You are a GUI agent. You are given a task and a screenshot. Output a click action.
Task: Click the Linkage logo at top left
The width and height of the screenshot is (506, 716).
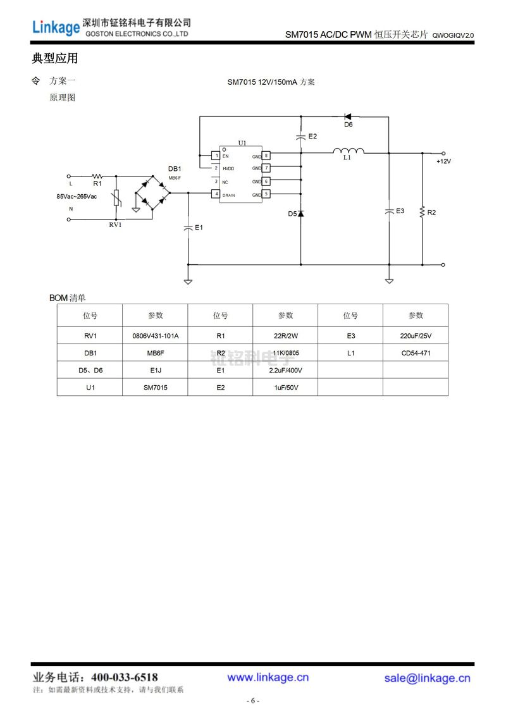coord(56,27)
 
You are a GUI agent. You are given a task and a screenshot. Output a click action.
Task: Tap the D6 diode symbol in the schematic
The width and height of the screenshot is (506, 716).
coord(347,116)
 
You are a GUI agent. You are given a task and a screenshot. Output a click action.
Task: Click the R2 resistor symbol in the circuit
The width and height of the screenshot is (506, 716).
coord(422,213)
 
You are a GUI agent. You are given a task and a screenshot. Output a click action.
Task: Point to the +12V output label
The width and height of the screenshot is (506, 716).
coord(443,161)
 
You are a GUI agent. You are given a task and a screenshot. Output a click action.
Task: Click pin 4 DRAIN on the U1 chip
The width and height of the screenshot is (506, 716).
coord(216,194)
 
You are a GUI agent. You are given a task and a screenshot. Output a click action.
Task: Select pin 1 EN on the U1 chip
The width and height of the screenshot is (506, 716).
coord(216,155)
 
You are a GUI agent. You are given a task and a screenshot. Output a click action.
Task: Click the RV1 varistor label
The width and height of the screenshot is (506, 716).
coord(115,225)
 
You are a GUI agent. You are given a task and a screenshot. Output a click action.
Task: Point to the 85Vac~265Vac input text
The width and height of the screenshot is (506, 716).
coord(77,197)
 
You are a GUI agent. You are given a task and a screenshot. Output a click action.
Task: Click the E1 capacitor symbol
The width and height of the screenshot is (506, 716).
coord(188,228)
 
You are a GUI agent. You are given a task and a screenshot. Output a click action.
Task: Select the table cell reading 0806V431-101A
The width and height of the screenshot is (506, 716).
coord(155,336)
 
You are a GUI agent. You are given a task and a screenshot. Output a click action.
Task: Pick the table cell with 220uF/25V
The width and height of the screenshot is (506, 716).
coord(416,336)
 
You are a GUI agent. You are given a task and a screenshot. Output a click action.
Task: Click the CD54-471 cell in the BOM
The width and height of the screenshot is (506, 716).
coord(416,353)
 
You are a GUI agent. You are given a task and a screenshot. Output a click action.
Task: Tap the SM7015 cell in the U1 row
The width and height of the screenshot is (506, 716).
coord(155,388)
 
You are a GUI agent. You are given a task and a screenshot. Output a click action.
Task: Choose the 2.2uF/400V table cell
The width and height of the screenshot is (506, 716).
coord(285,371)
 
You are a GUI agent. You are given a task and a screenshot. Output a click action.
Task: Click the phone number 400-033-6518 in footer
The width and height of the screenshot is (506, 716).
coord(125,677)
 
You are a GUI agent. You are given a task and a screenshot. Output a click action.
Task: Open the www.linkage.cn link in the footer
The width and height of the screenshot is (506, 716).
coord(268,677)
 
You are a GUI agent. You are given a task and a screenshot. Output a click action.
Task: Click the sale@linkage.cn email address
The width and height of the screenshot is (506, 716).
coord(428,678)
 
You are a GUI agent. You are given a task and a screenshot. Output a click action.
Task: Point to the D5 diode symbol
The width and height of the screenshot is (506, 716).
coord(300,214)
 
